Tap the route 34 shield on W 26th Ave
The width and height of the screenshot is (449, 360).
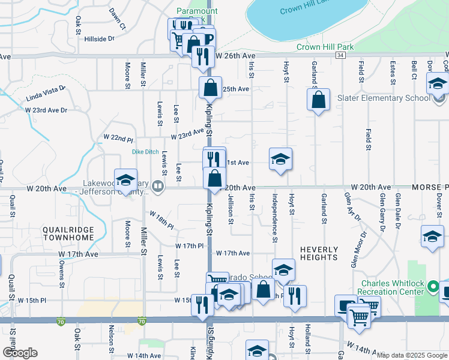pos(340,55)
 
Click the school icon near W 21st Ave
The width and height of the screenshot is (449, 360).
pos(280,160)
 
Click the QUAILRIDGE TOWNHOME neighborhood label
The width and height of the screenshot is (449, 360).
pos(68,233)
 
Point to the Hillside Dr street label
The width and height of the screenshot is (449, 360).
pos(99,39)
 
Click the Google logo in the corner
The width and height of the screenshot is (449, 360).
pos(20,353)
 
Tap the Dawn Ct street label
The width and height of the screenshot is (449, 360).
pos(118,19)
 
